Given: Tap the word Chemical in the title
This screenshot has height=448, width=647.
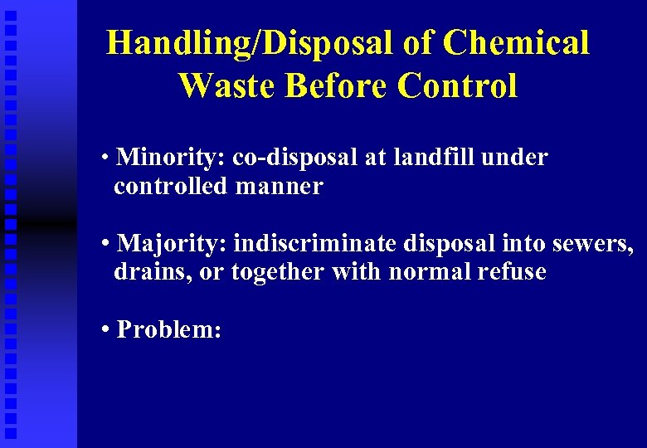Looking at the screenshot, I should click(516, 43).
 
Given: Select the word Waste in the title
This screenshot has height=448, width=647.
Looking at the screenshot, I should click(225, 85).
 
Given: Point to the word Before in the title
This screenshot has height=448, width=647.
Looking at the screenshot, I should click(336, 85).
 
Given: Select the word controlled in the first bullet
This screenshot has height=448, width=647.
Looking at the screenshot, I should click(170, 186).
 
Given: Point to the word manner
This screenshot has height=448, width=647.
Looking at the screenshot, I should click(279, 186).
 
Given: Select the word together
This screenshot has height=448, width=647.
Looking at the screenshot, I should click(278, 271).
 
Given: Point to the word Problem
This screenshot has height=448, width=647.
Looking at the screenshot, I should click(168, 329).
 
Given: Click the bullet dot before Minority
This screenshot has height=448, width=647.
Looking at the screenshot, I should click(105, 158).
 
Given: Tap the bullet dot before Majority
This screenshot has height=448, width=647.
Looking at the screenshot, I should click(105, 244).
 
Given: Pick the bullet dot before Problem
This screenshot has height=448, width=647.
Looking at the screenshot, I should click(105, 330).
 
